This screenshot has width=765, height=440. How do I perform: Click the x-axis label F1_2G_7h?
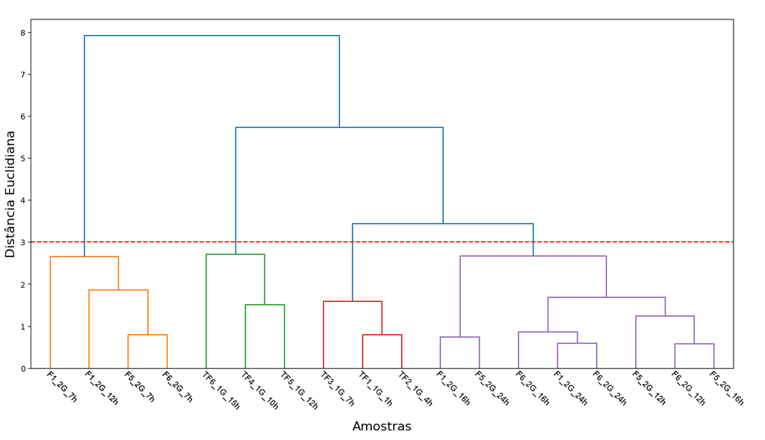pos(61,387)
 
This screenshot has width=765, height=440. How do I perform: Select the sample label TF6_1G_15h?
pos(221,390)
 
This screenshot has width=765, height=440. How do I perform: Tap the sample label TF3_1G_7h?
pos(338,388)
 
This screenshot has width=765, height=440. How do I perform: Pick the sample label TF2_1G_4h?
pos(415,388)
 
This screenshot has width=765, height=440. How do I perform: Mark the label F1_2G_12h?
pos(102,388)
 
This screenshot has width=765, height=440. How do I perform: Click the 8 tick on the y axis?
pos(23,33)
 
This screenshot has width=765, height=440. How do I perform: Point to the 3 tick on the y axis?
pos(23,243)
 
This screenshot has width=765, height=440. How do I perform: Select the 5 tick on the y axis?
pos(23,158)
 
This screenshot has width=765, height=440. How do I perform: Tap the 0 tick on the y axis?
pos(23,369)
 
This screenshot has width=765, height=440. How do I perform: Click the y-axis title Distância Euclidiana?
pos(10,194)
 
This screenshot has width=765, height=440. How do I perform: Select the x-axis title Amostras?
pos(382,427)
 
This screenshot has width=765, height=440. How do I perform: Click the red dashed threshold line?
pos(382,242)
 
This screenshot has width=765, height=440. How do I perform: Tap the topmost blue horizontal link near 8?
pos(211,36)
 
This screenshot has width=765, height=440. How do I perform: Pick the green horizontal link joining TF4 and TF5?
pos(265,305)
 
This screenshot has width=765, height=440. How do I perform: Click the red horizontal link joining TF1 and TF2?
pos(382,335)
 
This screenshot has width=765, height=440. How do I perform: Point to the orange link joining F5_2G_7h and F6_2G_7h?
pos(148,335)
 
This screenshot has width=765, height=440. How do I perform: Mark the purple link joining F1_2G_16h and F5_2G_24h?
pos(460,337)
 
